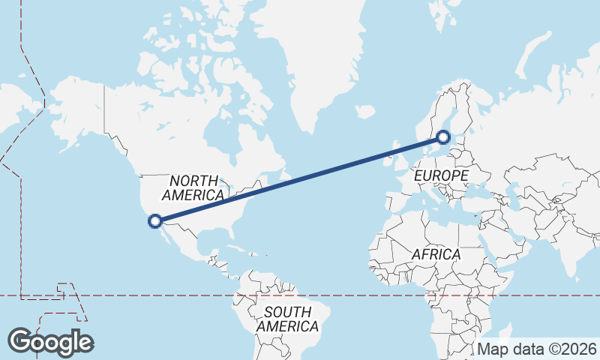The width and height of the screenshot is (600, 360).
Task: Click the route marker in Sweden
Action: [x=443, y=137]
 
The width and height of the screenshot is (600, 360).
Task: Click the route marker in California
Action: [x=155, y=220]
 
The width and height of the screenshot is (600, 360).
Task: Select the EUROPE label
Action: [x=441, y=175]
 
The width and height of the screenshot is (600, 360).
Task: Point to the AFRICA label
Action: [x=436, y=255]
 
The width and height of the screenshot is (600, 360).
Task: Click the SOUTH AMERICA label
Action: [x=287, y=319]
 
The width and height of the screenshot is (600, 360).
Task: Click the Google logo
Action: [x=50, y=342]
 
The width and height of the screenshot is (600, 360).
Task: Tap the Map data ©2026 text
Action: [x=536, y=349]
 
